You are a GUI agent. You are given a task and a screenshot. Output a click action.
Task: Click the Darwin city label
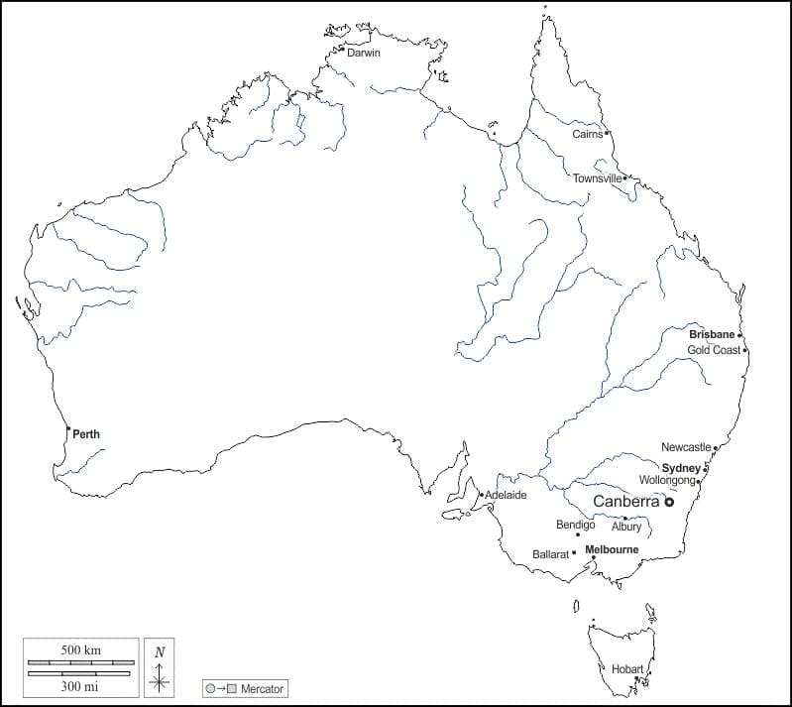pyautogui.click(x=364, y=54)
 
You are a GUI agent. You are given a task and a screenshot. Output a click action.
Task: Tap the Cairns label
pyautogui.click(x=587, y=134)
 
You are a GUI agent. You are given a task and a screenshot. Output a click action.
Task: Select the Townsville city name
pyautogui.click(x=598, y=178)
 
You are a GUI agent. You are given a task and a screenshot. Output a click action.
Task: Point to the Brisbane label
pyautogui.click(x=712, y=335)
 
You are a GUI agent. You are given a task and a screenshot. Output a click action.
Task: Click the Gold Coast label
pyautogui.click(x=715, y=350)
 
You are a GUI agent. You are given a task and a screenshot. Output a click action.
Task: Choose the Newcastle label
pyautogui.click(x=686, y=447)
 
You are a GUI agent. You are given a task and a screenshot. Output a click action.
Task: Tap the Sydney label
pyautogui.click(x=681, y=467)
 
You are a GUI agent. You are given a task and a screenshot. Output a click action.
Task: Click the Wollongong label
pyautogui.click(x=667, y=480)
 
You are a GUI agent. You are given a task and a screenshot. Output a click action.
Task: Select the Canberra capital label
pyautogui.click(x=625, y=502)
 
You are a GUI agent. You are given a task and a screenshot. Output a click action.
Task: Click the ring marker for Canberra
pyautogui.click(x=669, y=503)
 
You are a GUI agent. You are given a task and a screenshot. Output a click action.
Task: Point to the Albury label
pyautogui.click(x=626, y=527)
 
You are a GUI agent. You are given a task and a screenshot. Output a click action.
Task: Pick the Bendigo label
pyautogui.click(x=575, y=525)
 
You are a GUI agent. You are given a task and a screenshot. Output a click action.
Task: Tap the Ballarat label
pyautogui.click(x=551, y=554)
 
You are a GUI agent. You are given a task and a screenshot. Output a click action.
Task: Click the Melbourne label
pyautogui.click(x=612, y=549)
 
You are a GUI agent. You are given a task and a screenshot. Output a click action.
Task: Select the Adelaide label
pyautogui.click(x=507, y=495)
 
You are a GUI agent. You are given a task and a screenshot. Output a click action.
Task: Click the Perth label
pyautogui.click(x=86, y=434)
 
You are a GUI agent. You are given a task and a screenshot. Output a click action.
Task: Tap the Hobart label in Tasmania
pyautogui.click(x=627, y=668)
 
